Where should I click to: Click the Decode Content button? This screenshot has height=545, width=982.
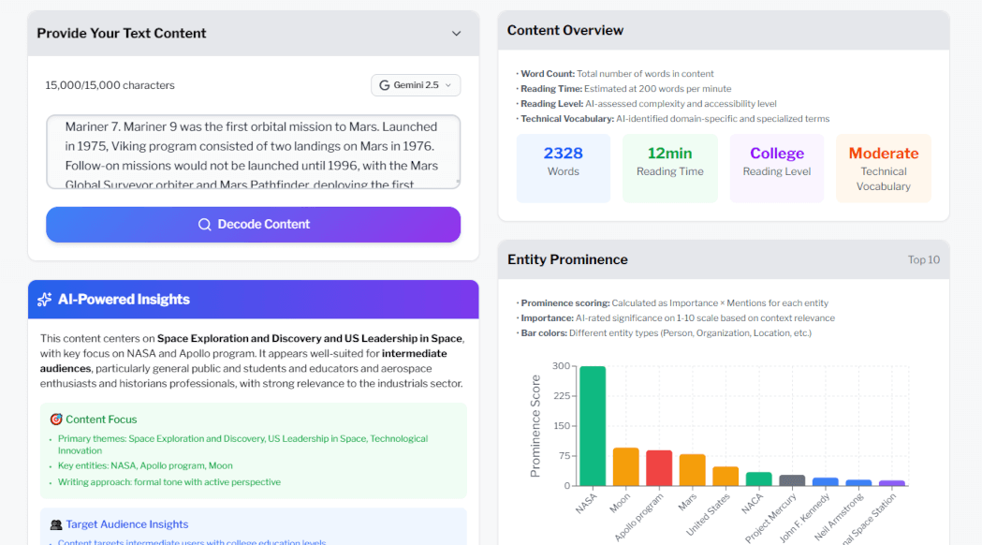coord(253,225)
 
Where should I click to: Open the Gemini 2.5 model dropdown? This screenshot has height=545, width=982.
coord(416,85)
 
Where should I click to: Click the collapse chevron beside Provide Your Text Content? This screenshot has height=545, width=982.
coord(456,34)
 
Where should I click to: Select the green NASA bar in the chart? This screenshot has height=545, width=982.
coord(592,426)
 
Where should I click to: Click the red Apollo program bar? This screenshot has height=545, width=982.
coord(659,468)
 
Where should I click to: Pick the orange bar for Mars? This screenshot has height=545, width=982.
coord(692,470)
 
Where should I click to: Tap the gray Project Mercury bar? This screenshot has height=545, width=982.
coord(792,480)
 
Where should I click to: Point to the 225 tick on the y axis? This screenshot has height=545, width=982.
coord(560,396)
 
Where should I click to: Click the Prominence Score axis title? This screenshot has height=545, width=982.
coord(535,426)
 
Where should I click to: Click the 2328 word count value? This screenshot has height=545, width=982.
coord(563,154)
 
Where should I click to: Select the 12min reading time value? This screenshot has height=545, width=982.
coord(669,154)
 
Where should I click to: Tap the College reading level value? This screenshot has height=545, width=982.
coord(776,154)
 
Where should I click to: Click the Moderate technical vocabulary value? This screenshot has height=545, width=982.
coord(883,154)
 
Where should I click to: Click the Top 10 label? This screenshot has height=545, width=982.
coord(923,260)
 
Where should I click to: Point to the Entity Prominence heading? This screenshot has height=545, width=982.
coord(567,259)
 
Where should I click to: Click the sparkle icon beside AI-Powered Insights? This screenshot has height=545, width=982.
coord(44,300)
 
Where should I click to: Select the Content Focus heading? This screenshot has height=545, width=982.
coord(101,420)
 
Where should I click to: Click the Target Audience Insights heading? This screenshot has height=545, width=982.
coord(126,524)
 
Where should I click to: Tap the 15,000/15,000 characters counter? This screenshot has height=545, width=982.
coord(110,85)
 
